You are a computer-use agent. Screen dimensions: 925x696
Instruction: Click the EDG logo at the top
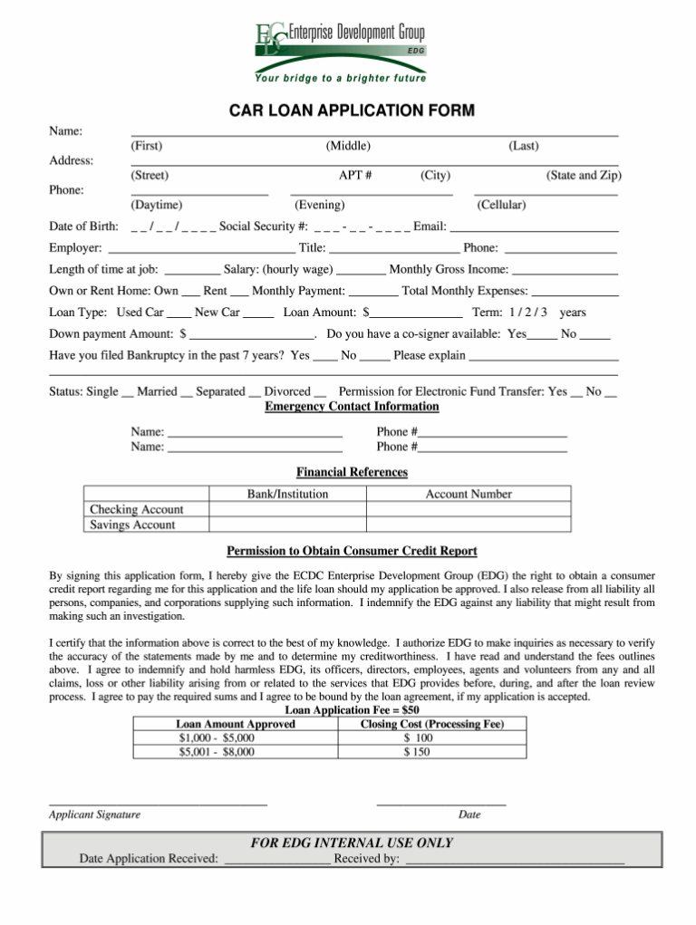(341, 41)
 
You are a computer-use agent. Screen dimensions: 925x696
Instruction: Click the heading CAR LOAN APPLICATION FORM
(351, 111)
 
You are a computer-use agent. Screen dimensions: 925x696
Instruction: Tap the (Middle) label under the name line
(348, 146)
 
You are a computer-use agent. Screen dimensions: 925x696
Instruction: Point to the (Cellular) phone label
(501, 205)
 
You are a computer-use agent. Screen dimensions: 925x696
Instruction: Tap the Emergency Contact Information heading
(352, 407)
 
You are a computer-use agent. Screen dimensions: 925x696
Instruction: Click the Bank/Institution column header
(287, 494)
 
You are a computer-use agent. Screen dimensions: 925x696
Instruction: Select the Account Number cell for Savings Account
(468, 525)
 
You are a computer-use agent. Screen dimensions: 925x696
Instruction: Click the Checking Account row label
(137, 509)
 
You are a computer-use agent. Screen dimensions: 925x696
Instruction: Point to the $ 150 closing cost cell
(417, 751)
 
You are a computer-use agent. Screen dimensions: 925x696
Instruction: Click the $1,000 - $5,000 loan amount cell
(217, 737)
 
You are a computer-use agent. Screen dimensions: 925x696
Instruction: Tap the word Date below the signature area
(469, 814)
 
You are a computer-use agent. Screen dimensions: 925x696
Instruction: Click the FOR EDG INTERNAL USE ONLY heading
(352, 843)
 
